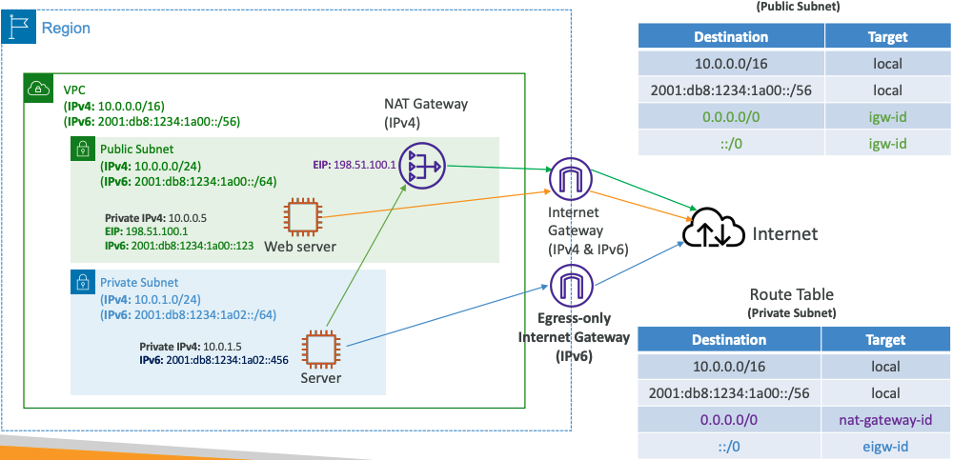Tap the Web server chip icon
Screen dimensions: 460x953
click(302, 217)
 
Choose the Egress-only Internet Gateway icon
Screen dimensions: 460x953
click(572, 285)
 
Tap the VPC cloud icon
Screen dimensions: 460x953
click(38, 89)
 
